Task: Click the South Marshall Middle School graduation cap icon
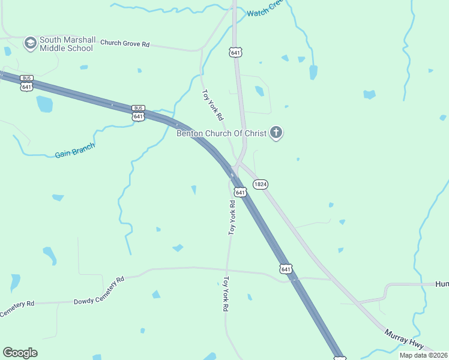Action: click(x=30, y=43)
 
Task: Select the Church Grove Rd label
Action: click(x=125, y=43)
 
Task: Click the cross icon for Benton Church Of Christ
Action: click(x=276, y=133)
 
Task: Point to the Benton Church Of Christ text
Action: click(x=220, y=133)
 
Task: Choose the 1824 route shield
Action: click(x=260, y=184)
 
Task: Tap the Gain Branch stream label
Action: click(x=75, y=151)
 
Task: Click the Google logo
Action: click(x=20, y=353)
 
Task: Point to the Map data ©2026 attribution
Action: click(x=423, y=355)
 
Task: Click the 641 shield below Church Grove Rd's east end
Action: click(x=235, y=52)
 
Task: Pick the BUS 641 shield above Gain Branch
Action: click(x=138, y=113)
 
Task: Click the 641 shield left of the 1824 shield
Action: click(x=240, y=192)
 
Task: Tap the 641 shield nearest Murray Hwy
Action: click(x=286, y=269)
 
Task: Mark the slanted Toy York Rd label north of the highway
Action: click(x=212, y=104)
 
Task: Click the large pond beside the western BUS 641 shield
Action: click(x=44, y=104)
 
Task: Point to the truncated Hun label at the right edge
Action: click(x=442, y=284)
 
